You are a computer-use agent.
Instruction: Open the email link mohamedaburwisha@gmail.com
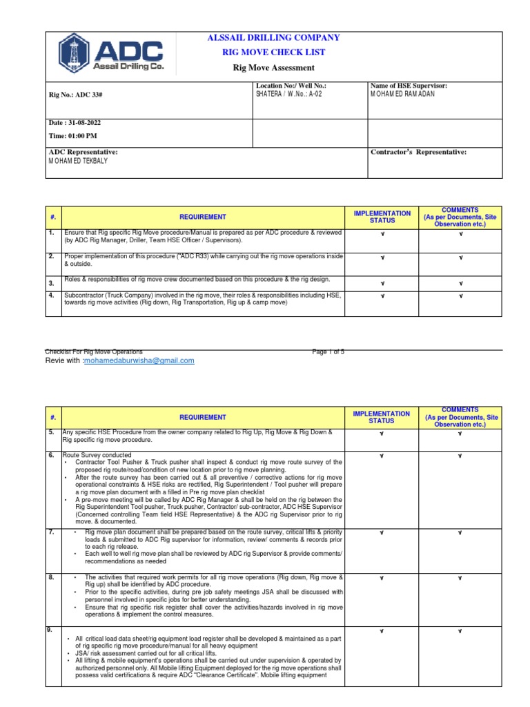coord(139,360)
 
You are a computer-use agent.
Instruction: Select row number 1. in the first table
coord(52,233)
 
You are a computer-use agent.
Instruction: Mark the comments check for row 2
coord(461,258)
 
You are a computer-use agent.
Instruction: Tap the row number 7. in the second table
coord(52,532)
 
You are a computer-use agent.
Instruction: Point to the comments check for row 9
coord(461,632)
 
